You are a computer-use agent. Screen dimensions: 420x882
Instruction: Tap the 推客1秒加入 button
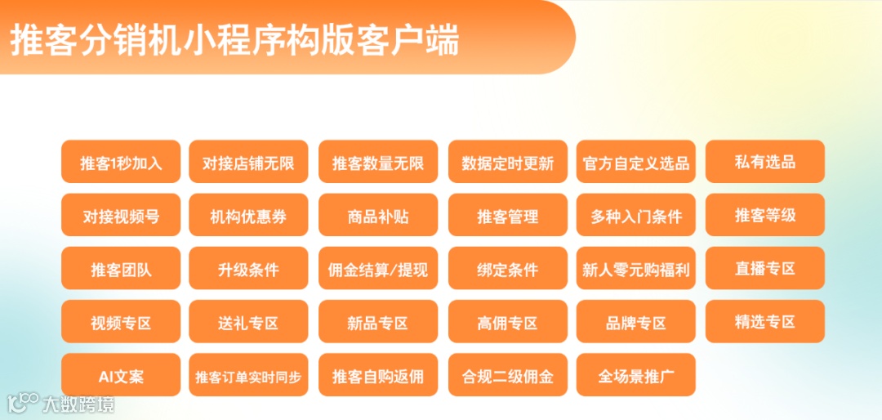point(121,162)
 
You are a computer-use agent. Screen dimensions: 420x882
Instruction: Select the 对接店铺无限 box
point(248,162)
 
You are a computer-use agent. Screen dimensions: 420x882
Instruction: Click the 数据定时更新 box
point(507,162)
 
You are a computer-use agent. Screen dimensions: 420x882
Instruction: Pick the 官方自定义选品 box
point(636,162)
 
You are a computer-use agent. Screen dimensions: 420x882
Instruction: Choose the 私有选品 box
point(764,162)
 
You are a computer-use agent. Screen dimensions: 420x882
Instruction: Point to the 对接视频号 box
point(121,216)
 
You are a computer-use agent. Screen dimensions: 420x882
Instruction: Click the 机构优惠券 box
point(248,216)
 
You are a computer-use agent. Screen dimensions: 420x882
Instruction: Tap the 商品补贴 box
point(378,216)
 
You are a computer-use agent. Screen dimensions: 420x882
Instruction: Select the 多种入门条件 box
point(636,216)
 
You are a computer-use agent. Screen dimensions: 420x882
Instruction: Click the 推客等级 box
point(764,216)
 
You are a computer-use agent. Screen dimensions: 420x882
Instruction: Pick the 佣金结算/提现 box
point(378,269)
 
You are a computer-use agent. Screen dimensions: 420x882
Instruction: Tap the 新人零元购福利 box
point(636,269)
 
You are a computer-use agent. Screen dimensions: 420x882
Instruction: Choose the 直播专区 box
point(764,269)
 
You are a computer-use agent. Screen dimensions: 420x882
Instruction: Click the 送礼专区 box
point(248,322)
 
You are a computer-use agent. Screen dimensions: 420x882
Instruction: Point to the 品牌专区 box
point(636,322)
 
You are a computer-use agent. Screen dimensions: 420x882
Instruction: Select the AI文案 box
point(121,376)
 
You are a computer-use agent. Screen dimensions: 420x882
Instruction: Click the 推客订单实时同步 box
point(248,376)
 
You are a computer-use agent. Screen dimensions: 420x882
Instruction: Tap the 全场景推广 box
point(636,376)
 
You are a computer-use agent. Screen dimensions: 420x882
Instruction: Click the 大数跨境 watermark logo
point(60,403)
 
